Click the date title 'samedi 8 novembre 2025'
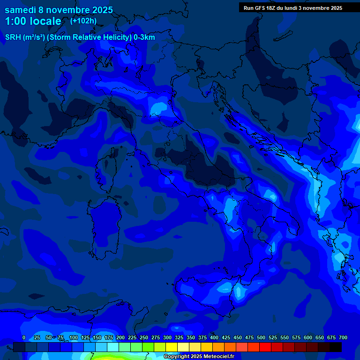pyautogui.click(x=59, y=10)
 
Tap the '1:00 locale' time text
pyautogui.click(x=33, y=21)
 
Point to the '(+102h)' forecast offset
pyautogui.click(x=83, y=21)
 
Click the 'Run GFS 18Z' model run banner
pyautogui.click(x=292, y=8)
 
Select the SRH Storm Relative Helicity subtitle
pyautogui.click(x=80, y=37)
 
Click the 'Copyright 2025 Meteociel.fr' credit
pyautogui.click(x=199, y=356)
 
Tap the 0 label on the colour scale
pyautogui.click(x=24, y=337)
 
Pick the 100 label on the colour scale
pyautogui.click(x=73, y=337)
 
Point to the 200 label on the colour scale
pyautogui.click(x=120, y=337)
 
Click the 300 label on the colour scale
pyautogui.click(x=167, y=337)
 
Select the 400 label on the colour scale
pyautogui.click(x=214, y=337)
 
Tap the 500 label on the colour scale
pyautogui.click(x=261, y=337)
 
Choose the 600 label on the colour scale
pyautogui.click(x=307, y=337)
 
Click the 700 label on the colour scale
pyautogui.click(x=343, y=337)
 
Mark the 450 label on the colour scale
pyautogui.click(x=237, y=337)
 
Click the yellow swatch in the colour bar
pyautogui.click(x=172, y=347)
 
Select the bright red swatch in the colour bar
pyautogui.click(x=265, y=347)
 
